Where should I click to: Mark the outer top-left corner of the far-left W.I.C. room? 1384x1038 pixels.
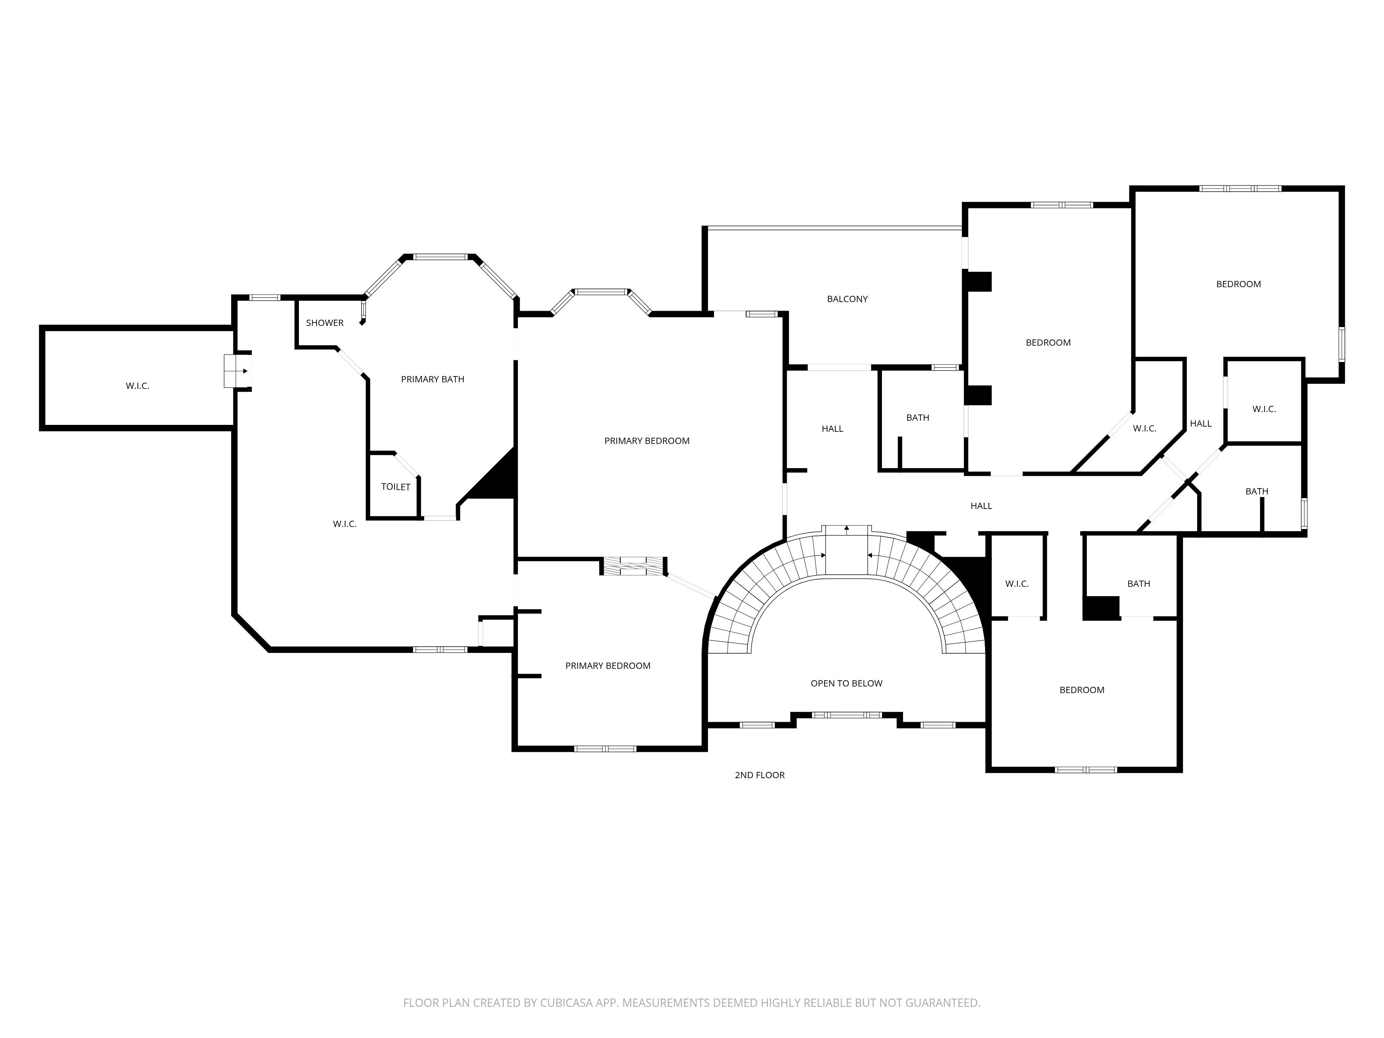coord(39,325)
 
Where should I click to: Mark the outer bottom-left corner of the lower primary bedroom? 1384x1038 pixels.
coord(512,751)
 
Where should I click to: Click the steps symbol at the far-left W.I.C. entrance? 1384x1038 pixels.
coord(237,371)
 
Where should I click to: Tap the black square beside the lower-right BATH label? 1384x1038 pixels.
coord(1101,608)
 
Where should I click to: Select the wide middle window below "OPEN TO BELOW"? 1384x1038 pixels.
coord(847,714)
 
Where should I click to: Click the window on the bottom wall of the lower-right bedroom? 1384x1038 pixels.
coord(1085,770)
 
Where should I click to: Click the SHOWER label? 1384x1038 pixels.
coord(325,323)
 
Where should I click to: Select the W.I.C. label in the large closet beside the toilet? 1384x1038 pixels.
coord(345,524)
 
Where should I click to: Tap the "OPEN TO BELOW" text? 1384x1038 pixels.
coord(847,683)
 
